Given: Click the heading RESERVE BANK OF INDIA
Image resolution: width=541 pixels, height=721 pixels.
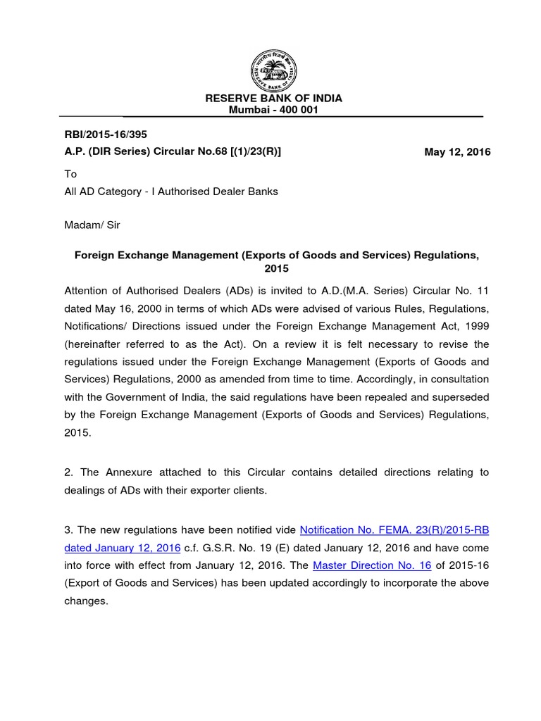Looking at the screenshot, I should [273, 98].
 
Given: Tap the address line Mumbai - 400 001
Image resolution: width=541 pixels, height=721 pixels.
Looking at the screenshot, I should [273, 110].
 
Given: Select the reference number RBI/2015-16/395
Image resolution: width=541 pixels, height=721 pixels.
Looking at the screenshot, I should [106, 134].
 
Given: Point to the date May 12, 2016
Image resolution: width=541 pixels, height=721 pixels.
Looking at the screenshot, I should [457, 152].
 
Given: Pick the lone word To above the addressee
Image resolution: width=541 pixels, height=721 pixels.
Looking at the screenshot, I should [70, 174].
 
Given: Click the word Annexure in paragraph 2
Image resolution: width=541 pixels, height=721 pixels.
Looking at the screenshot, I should [128, 472].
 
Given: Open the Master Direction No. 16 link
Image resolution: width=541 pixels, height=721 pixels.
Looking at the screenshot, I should [371, 565].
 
